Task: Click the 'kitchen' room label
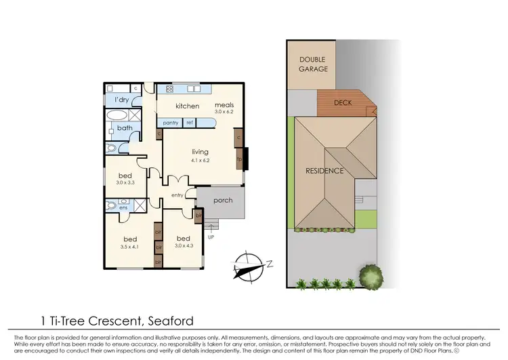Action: click(188, 106)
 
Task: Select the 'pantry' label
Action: click(171, 123)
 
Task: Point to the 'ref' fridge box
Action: click(190, 123)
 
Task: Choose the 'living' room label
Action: click(200, 152)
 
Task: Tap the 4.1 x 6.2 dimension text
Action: click(200, 161)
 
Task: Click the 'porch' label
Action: click(223, 200)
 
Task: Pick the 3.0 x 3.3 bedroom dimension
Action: click(126, 182)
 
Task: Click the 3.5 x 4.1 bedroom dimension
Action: click(130, 247)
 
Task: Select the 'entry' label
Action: click(177, 195)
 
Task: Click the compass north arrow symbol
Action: click(248, 266)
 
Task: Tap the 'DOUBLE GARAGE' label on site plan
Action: click(314, 64)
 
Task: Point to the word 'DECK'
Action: click(343, 104)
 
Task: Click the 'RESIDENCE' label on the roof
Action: click(324, 170)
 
